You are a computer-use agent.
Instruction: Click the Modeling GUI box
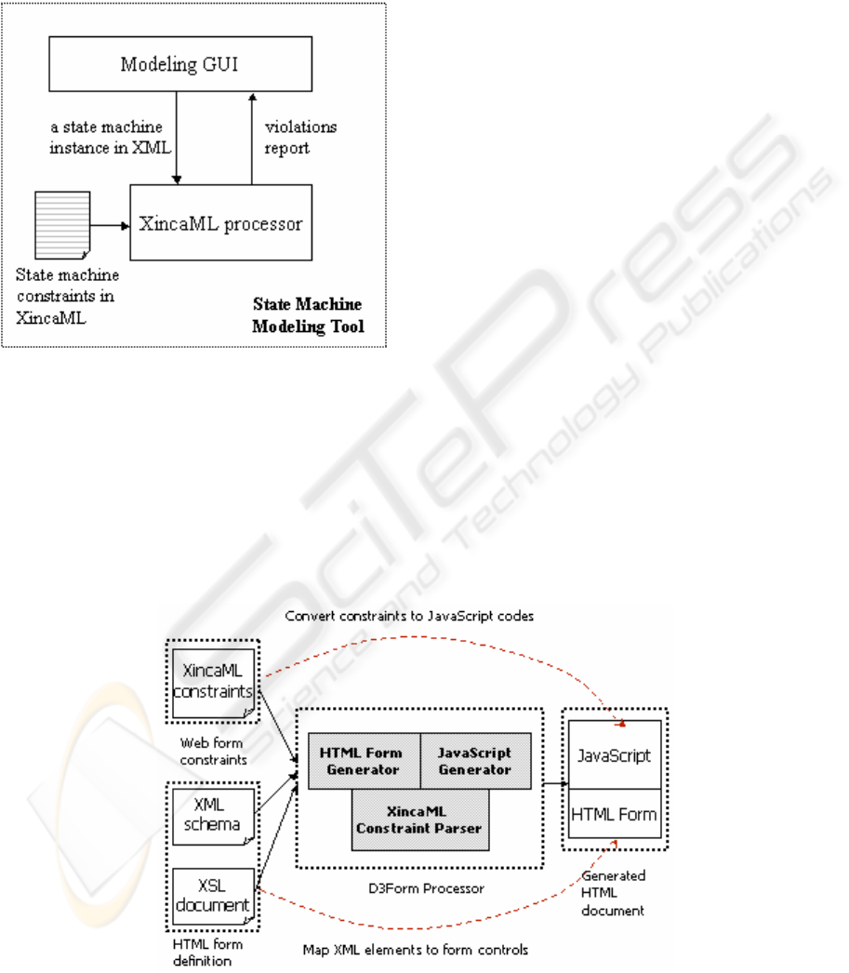(180, 64)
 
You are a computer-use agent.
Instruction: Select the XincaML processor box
(220, 222)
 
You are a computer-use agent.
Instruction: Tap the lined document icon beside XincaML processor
(62, 225)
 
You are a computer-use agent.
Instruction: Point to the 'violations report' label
(300, 137)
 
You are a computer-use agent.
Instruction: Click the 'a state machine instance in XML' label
(111, 137)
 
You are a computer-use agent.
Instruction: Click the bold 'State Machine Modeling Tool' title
(308, 315)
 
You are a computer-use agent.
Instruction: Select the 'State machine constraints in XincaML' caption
(66, 296)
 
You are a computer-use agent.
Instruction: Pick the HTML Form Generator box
(364, 761)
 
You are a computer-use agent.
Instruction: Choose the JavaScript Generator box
(476, 761)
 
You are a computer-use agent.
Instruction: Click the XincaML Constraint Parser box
(419, 820)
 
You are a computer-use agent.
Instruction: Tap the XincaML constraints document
(213, 683)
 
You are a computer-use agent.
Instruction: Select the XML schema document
(213, 816)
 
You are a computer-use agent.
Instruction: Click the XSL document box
(213, 896)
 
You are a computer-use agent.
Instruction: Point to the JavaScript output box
(615, 754)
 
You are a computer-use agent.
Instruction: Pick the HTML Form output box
(615, 814)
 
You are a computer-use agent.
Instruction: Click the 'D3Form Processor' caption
(426, 888)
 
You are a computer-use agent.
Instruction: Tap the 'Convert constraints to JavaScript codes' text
(409, 616)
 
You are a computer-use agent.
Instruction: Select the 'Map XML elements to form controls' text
(416, 950)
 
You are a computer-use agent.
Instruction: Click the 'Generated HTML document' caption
(614, 893)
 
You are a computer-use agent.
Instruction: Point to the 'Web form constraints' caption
(213, 751)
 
